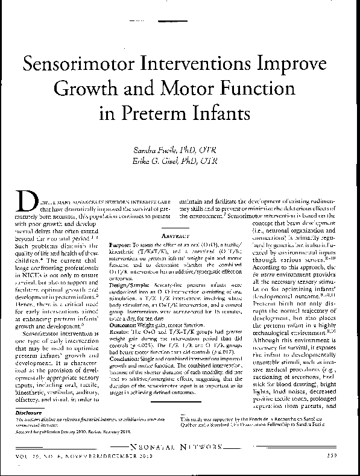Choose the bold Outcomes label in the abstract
(x=125, y=324)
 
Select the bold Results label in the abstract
(x=121, y=331)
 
